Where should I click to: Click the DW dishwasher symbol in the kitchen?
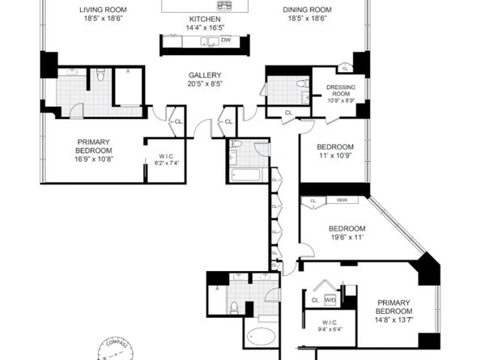tap(226, 39)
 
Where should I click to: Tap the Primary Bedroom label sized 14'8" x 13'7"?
tap(394, 311)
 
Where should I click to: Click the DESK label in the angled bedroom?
tap(342, 200)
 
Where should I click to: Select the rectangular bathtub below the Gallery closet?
tap(244, 174)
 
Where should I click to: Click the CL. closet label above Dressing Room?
tap(344, 69)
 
